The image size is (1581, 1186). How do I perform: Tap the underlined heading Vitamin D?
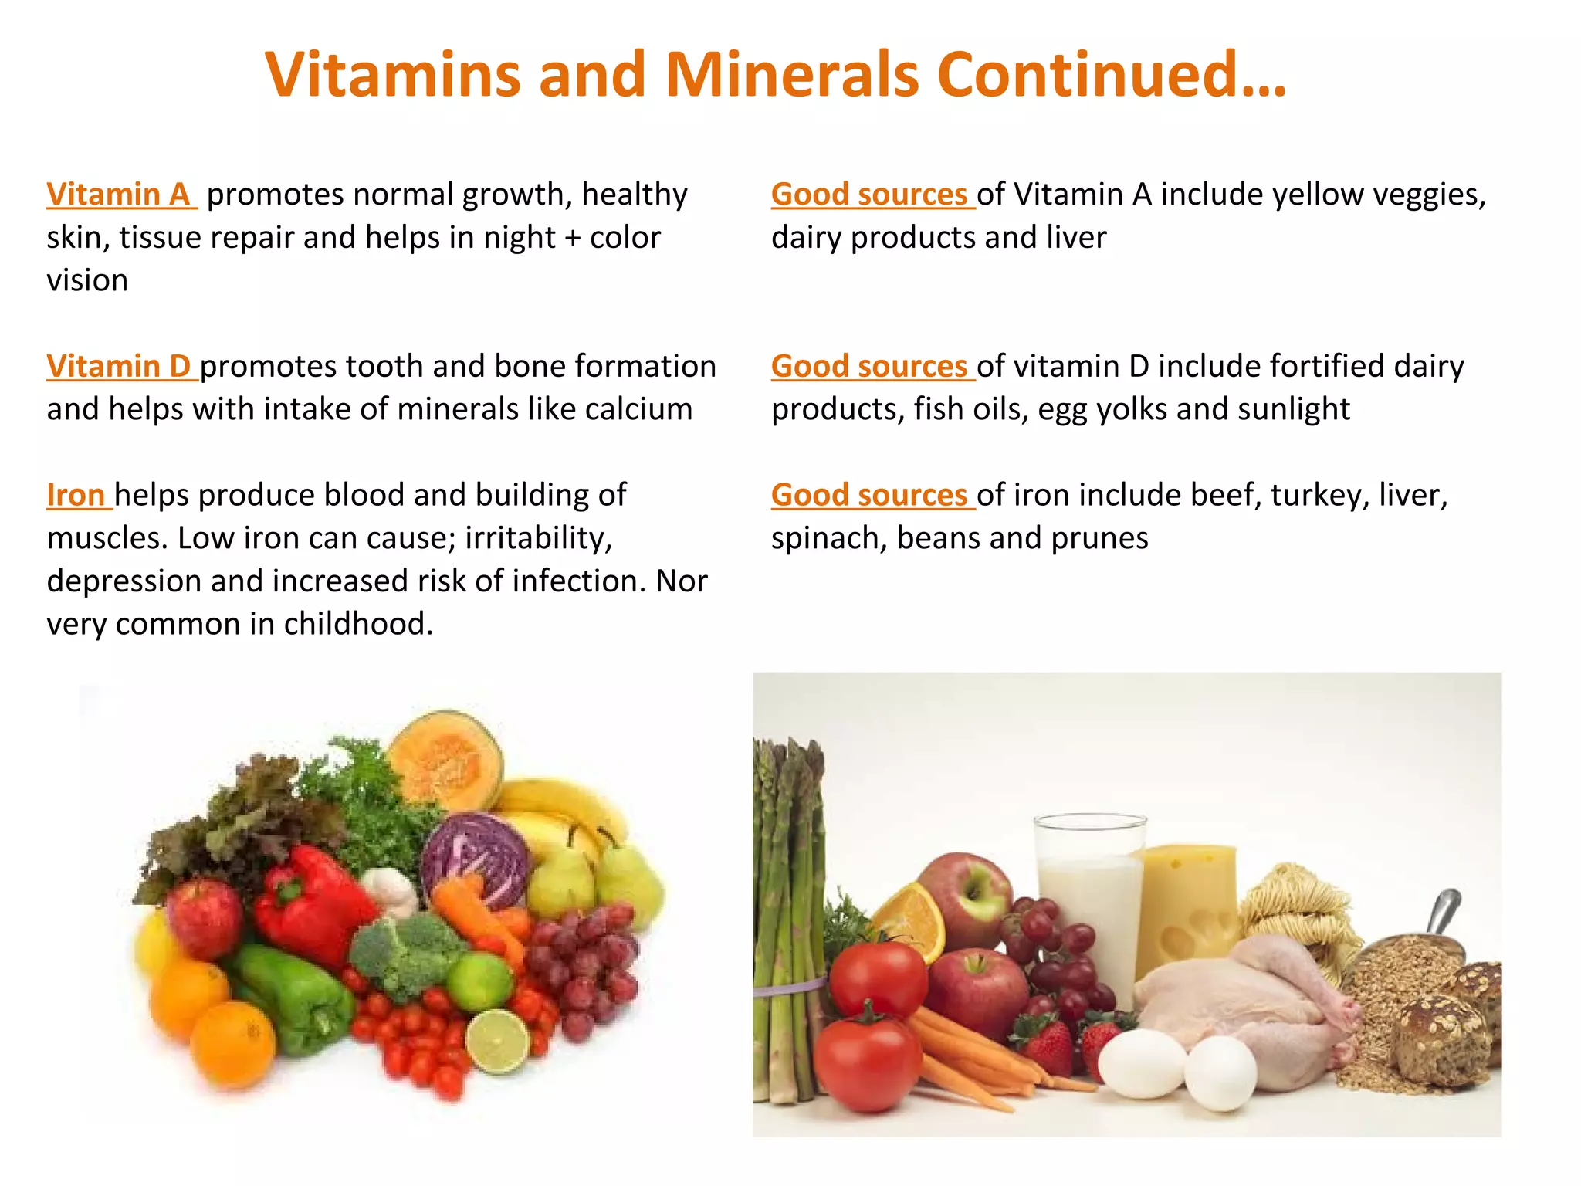119,367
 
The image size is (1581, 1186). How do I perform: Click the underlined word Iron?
76,495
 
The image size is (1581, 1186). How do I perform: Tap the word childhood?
357,624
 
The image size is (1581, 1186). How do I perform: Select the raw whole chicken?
1243,1004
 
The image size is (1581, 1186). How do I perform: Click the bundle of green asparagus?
787,911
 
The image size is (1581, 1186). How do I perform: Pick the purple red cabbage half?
475,857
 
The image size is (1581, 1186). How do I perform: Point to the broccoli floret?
405,954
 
